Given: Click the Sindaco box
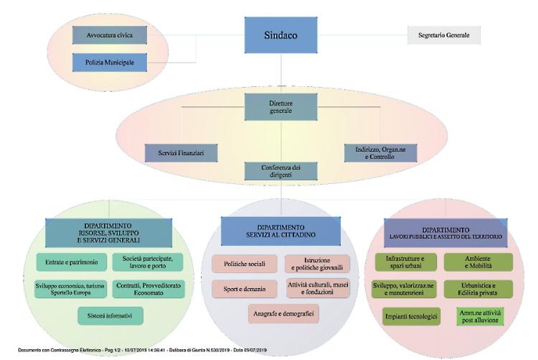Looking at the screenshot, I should click(281, 34).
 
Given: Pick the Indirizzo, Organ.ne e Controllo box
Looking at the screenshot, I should click(380, 152).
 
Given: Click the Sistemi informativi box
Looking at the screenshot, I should click(110, 315).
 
